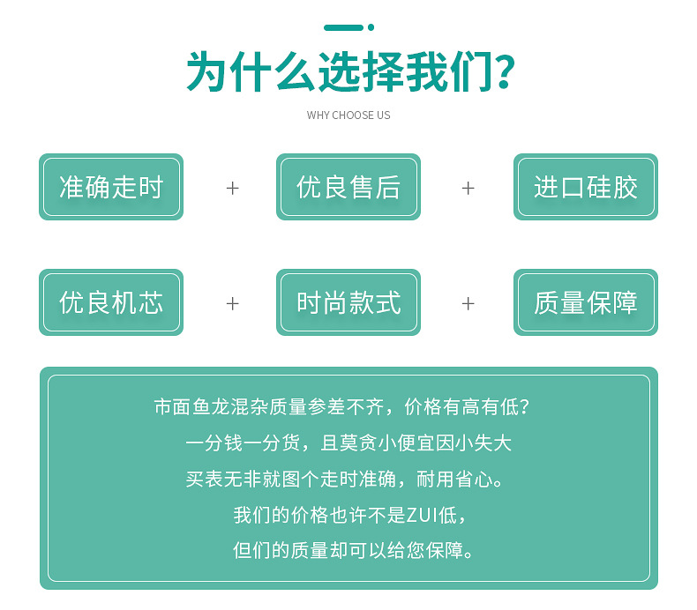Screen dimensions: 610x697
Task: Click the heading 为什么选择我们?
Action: click(348, 72)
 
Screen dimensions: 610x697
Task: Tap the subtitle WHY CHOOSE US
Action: click(348, 115)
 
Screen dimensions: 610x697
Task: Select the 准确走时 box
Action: click(111, 187)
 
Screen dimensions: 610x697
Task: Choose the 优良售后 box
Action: click(348, 187)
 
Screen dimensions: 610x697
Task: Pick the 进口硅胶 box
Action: click(586, 187)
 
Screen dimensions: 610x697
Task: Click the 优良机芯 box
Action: click(111, 302)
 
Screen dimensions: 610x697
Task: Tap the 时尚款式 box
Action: click(348, 302)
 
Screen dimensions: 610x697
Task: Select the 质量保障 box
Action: click(586, 302)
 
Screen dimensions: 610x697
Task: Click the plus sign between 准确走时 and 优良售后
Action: click(232, 188)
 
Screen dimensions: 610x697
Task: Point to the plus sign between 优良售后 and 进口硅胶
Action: click(468, 188)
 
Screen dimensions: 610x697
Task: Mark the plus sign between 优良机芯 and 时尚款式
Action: click(232, 303)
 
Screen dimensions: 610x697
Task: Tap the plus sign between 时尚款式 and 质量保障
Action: click(468, 303)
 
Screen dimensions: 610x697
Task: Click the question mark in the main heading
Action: click(505, 72)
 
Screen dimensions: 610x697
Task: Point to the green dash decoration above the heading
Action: click(343, 27)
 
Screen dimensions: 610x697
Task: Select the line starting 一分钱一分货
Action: click(348, 443)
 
